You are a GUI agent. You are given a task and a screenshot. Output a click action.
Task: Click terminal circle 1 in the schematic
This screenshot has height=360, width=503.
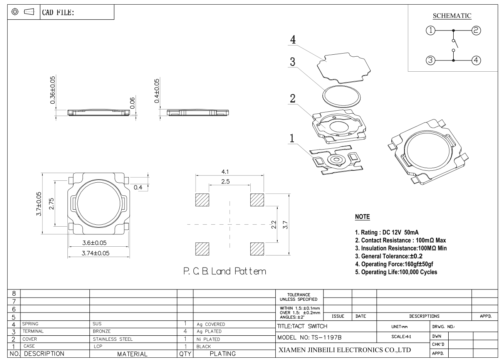pos(431,30)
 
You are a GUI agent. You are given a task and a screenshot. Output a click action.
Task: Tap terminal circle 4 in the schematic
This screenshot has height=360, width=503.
pos(476,60)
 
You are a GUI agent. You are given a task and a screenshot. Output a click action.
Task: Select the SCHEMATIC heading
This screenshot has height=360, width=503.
pos(452,16)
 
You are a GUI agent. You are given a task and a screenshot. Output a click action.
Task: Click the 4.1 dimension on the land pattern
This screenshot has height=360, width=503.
pos(225,172)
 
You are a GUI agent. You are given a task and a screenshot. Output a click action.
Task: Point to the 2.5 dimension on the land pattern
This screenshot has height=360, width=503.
pos(225,182)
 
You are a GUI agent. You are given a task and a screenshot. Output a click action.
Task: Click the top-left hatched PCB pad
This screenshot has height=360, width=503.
pos(202,200)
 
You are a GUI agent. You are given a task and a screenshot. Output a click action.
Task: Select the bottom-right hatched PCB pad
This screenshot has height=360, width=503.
pos(257,249)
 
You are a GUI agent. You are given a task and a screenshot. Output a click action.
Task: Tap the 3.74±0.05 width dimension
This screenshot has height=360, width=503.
pos(96,253)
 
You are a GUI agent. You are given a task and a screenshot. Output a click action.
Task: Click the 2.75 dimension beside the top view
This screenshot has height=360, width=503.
pos(52,204)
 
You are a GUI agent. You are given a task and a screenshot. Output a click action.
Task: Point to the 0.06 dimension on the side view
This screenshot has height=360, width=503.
pos(132,103)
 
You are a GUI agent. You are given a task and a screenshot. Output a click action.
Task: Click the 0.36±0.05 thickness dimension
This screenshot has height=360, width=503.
pos(52,90)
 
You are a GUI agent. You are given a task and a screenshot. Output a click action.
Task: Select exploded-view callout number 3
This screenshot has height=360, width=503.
pos(292,62)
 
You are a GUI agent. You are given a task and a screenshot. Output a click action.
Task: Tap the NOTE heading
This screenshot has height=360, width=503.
pos(362,217)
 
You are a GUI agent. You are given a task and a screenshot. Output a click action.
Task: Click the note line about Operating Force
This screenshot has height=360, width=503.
pos(394,264)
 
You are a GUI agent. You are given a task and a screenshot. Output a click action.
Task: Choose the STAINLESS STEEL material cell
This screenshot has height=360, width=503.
pos(113,339)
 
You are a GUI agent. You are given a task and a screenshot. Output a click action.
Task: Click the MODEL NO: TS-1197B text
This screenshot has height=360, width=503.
pos(309,338)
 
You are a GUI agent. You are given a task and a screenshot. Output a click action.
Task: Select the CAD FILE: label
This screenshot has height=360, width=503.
pos(58,12)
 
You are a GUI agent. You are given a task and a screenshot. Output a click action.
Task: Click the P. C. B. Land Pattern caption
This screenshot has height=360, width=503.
pos(225,271)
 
